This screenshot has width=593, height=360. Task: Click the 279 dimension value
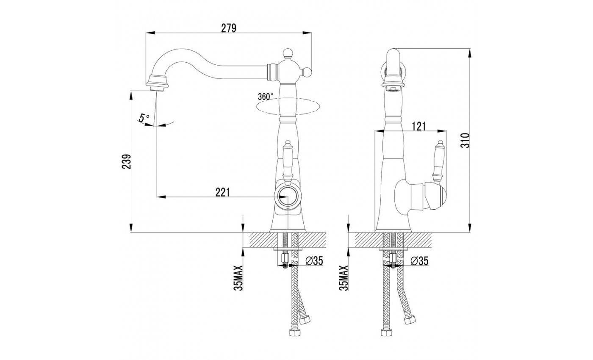(228, 28)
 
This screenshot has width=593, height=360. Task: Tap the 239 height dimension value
(126, 161)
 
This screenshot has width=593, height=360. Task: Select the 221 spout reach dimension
(222, 192)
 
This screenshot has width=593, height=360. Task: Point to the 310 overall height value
(465, 140)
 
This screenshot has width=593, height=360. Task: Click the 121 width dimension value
(419, 126)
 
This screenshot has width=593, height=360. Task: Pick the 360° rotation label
(266, 97)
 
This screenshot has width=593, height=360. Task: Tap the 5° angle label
(144, 118)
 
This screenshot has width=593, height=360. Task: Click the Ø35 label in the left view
(314, 261)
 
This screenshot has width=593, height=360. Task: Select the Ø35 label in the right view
(419, 261)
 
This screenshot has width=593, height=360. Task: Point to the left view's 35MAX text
(238, 278)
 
